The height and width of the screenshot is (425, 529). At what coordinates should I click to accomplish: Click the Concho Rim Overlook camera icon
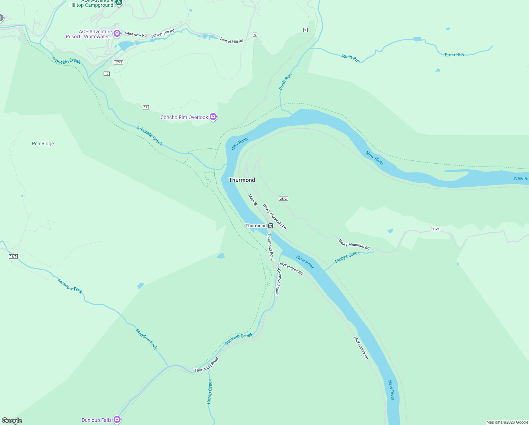coord(213,117)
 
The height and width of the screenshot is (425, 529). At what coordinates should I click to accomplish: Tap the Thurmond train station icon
coord(271,226)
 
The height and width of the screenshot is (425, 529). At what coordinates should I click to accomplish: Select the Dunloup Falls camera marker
coord(117,420)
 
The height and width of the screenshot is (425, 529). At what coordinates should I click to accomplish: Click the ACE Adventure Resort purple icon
coord(117,34)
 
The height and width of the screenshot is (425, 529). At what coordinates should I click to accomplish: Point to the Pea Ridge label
coord(43,143)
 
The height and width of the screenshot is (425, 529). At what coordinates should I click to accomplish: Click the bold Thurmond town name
coord(242,180)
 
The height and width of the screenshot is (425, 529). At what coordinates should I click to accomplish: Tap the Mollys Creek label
coord(347,256)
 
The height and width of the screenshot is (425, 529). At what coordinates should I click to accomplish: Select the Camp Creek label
coord(209,391)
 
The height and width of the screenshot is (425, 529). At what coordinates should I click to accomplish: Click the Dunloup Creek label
coord(239,339)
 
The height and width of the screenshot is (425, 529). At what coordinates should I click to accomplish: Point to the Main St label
coord(253,200)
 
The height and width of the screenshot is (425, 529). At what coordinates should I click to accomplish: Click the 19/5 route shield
coord(13,256)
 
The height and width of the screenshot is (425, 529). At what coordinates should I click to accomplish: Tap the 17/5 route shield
coord(118,62)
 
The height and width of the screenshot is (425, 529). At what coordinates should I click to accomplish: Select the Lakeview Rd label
coord(136,34)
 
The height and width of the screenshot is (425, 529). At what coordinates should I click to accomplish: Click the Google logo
coord(12,421)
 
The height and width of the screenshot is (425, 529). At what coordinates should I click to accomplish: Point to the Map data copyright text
coord(507,422)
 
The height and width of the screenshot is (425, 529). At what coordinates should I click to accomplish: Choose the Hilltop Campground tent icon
coord(119,2)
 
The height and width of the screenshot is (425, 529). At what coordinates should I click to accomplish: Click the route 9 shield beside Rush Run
coord(305,30)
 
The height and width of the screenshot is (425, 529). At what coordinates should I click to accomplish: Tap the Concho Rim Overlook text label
coord(184,117)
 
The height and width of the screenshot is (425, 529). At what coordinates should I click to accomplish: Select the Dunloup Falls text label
coord(97,420)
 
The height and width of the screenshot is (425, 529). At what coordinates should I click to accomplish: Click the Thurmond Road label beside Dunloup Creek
coord(207,365)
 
